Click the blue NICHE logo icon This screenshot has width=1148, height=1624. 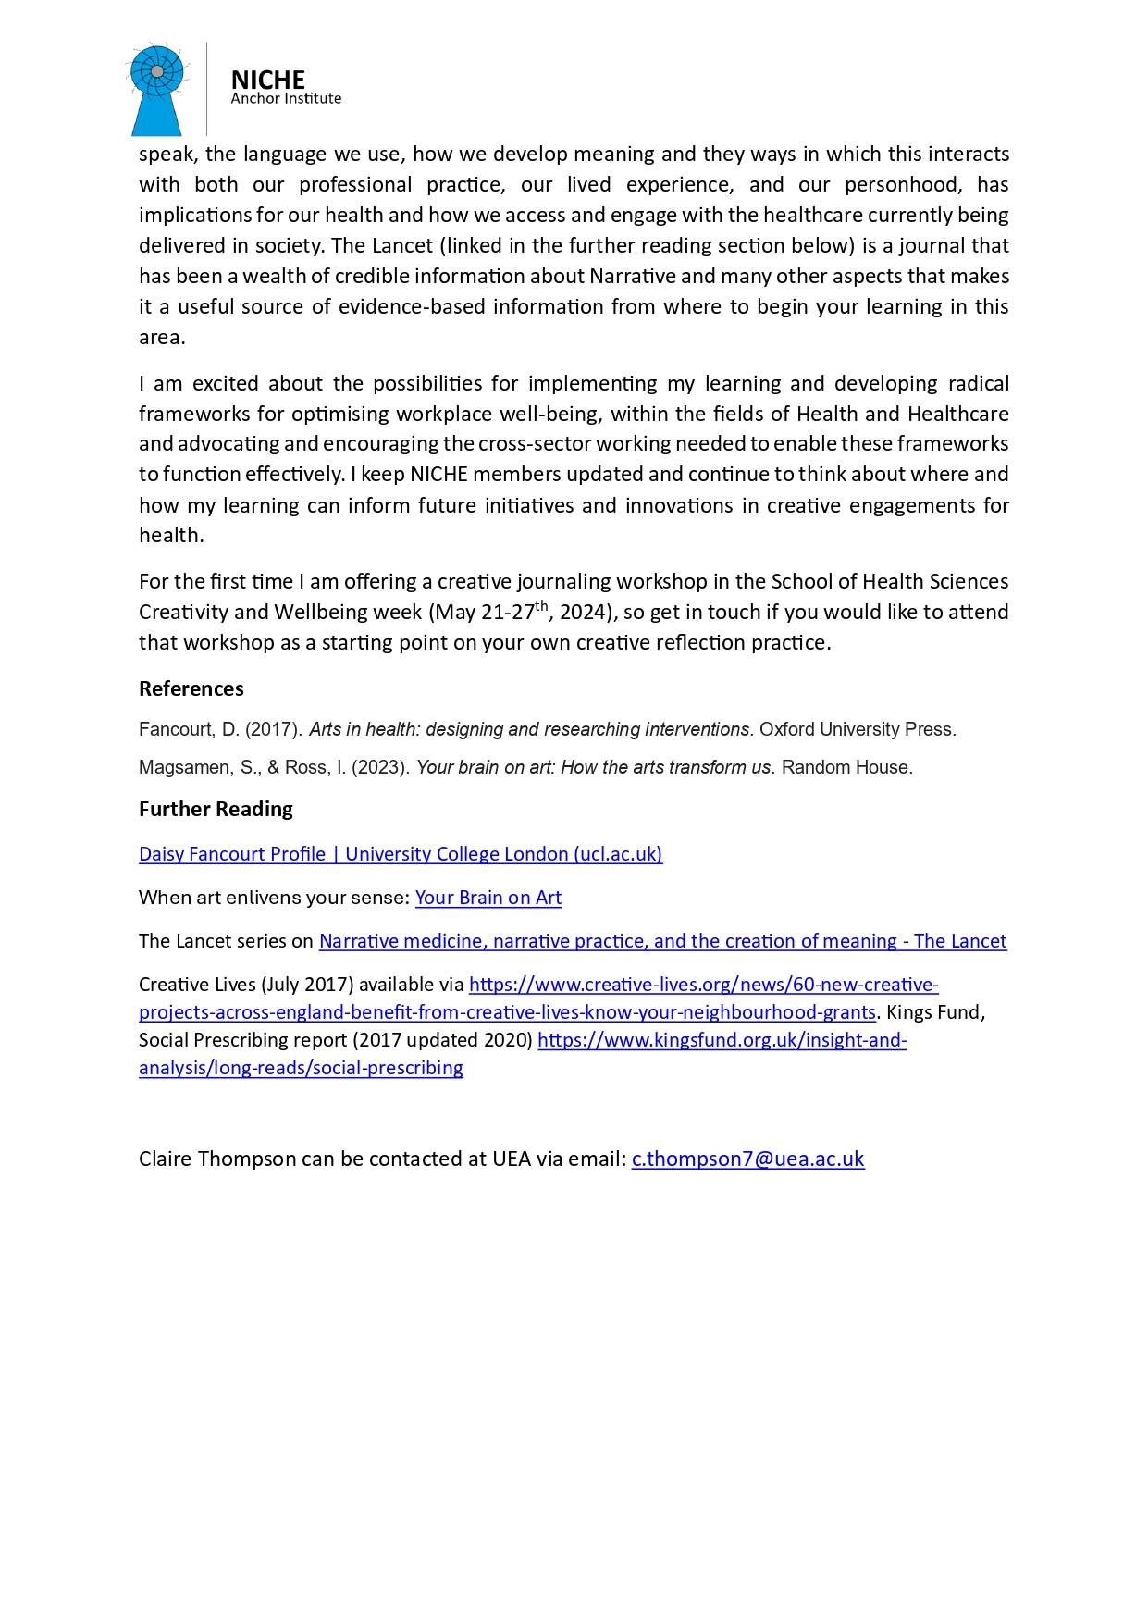pos(157,89)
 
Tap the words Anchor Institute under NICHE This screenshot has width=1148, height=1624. pos(286,99)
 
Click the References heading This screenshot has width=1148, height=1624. pos(191,688)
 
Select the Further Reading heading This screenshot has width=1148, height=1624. pos(216,809)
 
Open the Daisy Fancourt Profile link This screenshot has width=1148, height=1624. pos(401,854)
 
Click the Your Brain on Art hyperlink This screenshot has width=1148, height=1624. pos(488,898)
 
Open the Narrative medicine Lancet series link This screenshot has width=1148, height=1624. pos(662,941)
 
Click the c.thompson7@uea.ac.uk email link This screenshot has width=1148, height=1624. pos(747,1159)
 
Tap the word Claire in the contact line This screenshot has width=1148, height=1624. pos(165,1159)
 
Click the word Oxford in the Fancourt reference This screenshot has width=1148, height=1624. pos(787,729)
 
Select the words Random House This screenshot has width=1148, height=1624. pos(846,767)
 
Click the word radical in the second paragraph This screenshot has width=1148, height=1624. pos(975,383)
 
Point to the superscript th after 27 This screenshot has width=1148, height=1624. pos(542,606)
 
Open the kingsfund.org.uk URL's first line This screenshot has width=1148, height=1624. pos(722,1040)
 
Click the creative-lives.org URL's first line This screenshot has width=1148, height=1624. pos(703,985)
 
